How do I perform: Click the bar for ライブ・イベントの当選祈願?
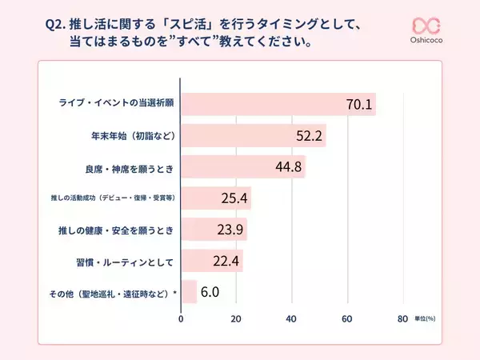[x=278, y=105]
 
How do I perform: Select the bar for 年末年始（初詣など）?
[x=253, y=136]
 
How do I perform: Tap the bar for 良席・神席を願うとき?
[x=242, y=167]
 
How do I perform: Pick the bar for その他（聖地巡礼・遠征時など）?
[x=189, y=292]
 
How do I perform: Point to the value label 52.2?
[x=309, y=137]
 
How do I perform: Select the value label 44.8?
[x=288, y=168]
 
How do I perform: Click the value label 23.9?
[x=230, y=230]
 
